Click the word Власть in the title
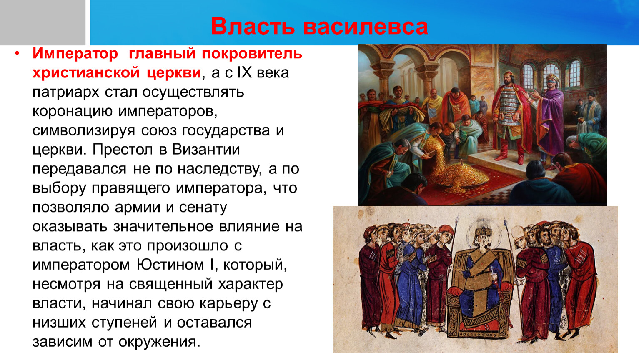tap(253, 26)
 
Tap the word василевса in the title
tap(366, 26)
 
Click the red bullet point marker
tap(18, 53)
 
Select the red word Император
tap(75, 54)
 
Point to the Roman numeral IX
tap(245, 72)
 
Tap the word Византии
tap(206, 149)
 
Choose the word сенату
tap(203, 207)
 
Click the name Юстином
tap(170, 265)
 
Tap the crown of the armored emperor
tap(508, 74)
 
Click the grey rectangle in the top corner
tap(43, 22)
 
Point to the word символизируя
tap(84, 131)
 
